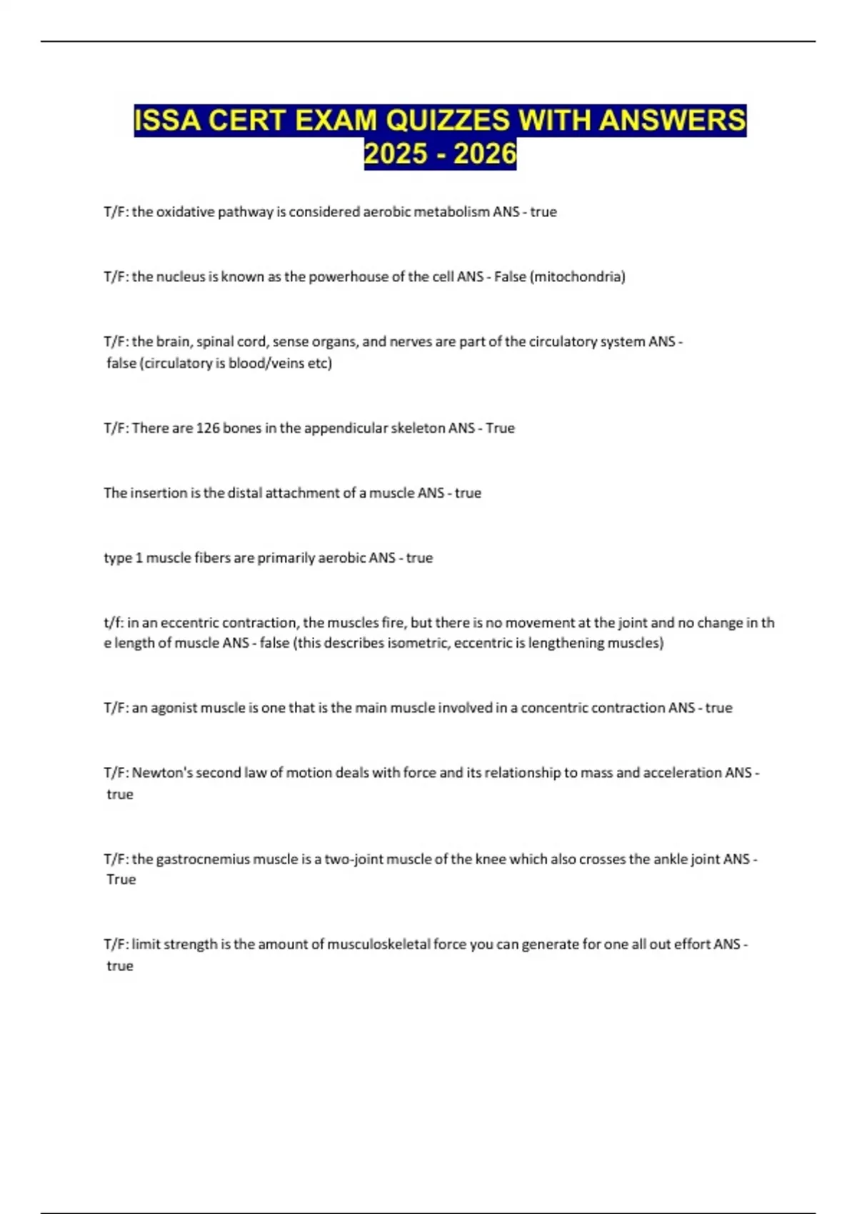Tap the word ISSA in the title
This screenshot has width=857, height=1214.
pyautogui.click(x=169, y=121)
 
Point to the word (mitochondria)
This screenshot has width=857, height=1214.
pyautogui.click(x=577, y=277)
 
